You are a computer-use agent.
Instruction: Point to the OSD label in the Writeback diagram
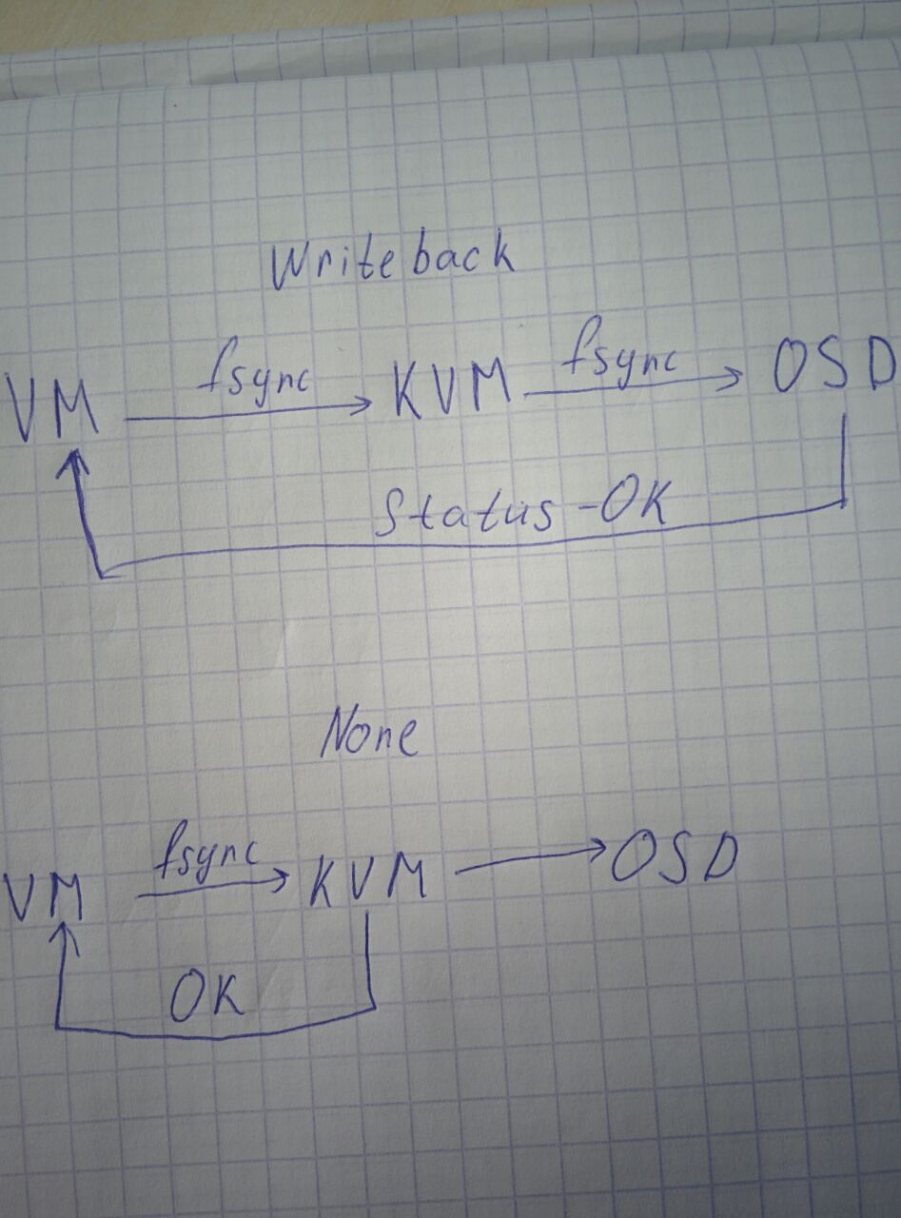[x=833, y=368]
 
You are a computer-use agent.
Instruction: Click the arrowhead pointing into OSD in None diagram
[x=596, y=849]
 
